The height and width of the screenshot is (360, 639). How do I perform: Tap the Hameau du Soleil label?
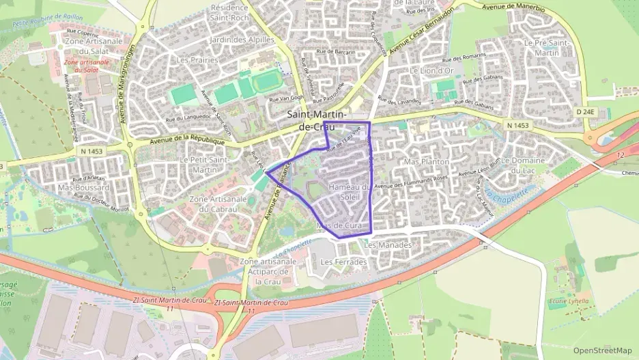pos(349,192)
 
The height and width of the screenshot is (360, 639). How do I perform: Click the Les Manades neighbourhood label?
pos(388,245)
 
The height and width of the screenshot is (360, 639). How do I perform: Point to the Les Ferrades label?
pos(343,262)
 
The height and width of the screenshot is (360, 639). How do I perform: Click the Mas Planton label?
pos(427,162)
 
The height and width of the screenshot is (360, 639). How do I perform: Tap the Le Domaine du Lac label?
pos(524,165)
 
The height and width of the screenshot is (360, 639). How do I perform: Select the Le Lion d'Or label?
pos(431,70)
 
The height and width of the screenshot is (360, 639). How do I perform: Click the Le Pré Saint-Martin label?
pos(546,47)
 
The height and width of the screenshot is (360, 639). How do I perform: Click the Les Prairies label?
pos(197,60)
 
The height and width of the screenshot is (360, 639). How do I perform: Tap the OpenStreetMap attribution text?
pos(602,350)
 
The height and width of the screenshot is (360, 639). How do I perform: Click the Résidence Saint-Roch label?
pos(230,12)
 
